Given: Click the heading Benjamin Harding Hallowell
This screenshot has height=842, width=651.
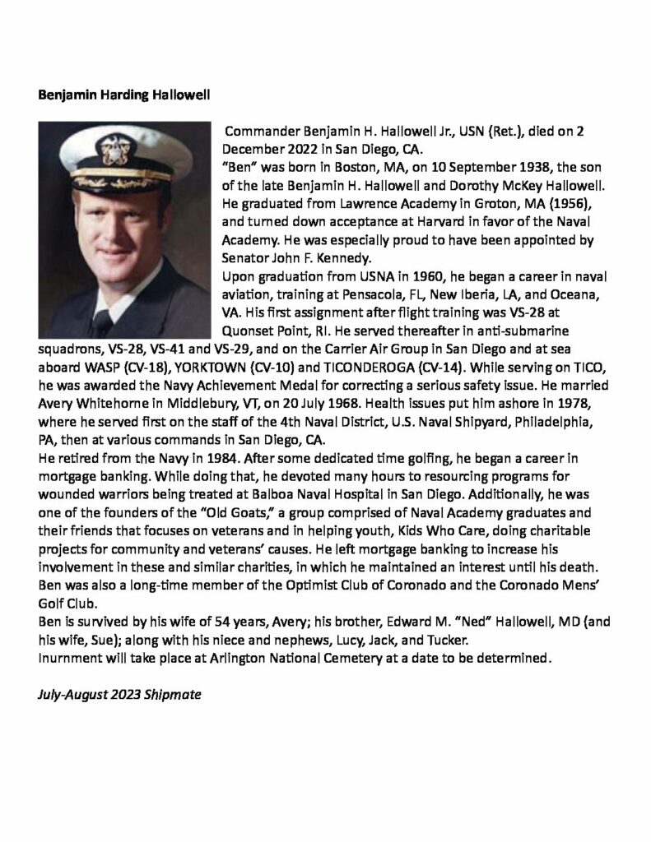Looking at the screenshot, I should [x=124, y=95].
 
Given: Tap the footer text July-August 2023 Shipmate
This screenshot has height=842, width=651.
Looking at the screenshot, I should [x=119, y=694].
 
